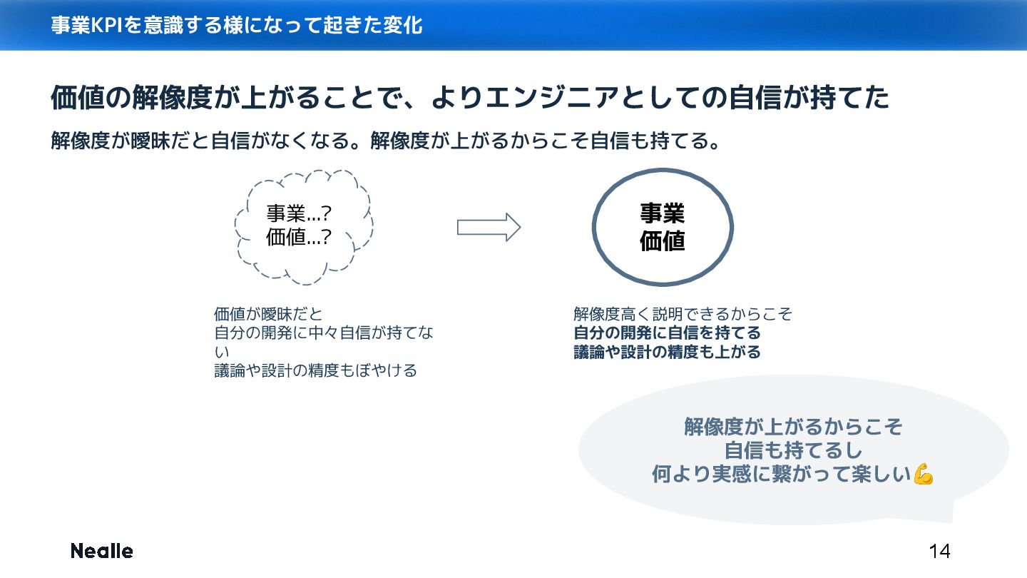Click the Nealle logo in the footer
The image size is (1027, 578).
[x=101, y=551]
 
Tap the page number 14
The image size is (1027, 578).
[x=939, y=551]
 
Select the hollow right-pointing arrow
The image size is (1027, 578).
[x=489, y=228]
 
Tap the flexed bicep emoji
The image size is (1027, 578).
[x=924, y=475]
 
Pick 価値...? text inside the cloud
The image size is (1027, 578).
[x=299, y=238]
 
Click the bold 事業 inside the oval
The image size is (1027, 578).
[x=663, y=213]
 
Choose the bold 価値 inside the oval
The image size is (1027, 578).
[x=663, y=241]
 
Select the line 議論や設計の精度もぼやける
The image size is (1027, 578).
[x=315, y=371]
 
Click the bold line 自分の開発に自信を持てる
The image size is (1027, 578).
[x=667, y=333]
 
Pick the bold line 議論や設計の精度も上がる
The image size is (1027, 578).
[x=667, y=352]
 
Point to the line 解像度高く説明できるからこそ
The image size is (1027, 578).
[x=683, y=314]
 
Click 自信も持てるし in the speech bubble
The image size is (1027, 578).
[x=793, y=451]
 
